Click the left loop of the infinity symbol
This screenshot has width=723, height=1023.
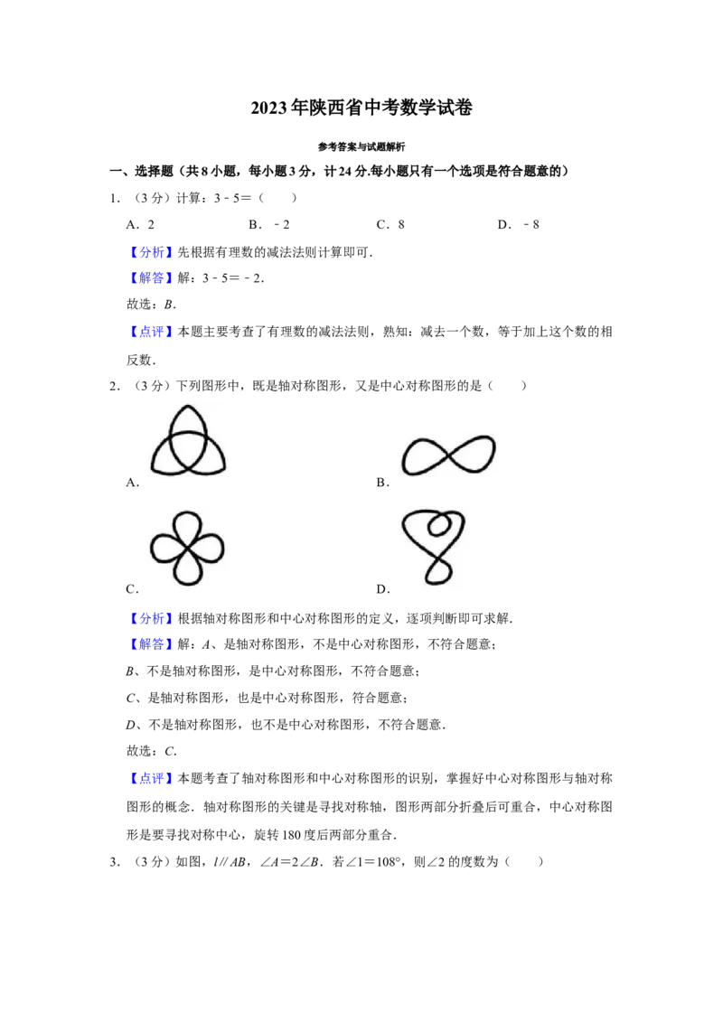[x=421, y=456]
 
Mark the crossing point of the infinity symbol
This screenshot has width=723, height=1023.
[x=446, y=455]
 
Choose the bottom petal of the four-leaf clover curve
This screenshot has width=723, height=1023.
[x=188, y=569]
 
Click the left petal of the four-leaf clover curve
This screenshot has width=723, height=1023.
[x=165, y=549]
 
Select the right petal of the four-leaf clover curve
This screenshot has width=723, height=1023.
[x=211, y=549]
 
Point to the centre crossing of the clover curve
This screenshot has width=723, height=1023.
[x=188, y=549]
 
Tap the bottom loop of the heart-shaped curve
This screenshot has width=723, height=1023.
[x=436, y=571]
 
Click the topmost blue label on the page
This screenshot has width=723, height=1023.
[x=151, y=253]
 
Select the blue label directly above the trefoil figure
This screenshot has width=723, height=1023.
[x=151, y=332]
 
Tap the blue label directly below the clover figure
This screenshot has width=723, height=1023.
[x=151, y=619]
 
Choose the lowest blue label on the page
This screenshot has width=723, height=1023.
[x=151, y=777]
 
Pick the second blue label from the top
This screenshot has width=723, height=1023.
[x=151, y=278]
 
